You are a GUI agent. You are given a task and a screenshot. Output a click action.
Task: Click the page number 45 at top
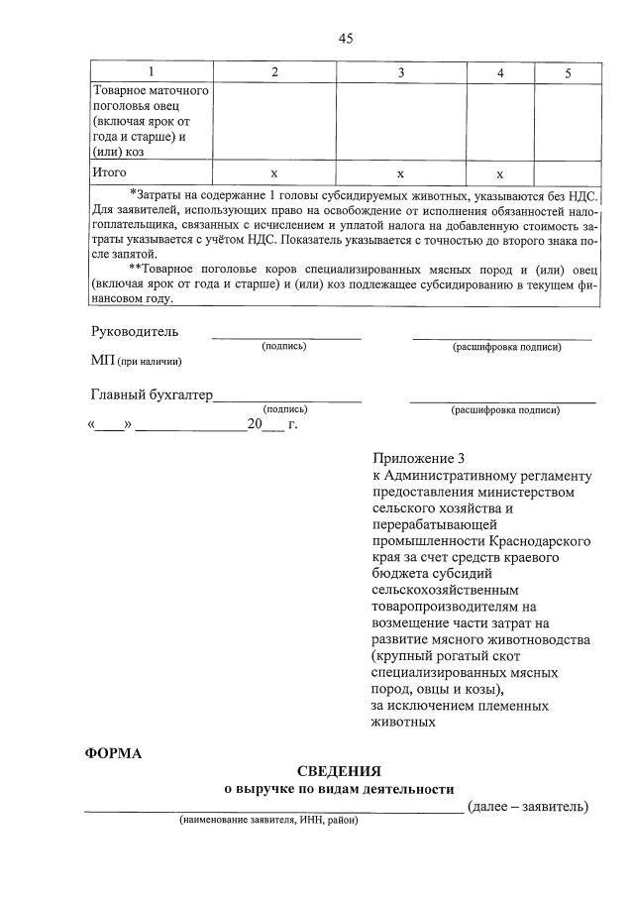coord(346,39)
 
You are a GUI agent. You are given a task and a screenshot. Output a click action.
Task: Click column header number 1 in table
coord(151,72)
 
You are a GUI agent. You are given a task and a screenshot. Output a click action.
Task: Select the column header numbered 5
coord(568,72)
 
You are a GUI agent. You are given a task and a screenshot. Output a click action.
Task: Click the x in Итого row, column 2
coord(274,173)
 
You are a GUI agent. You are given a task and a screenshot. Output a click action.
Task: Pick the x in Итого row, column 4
coord(500,173)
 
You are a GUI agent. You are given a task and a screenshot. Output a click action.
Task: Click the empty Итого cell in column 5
coord(568,173)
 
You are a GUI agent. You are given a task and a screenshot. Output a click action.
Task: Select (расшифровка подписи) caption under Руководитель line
coord(506,347)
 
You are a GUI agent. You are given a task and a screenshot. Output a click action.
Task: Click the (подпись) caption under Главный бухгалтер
coord(285,409)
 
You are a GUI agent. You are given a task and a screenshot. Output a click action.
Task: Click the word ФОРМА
coord(113,753)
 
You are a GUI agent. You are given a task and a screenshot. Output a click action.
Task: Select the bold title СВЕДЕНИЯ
coord(339,771)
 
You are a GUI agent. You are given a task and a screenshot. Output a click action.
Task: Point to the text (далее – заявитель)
coord(528,806)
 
